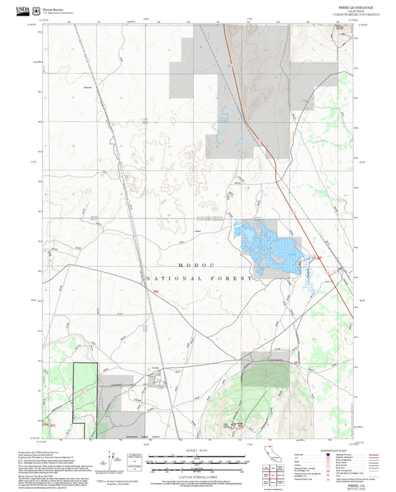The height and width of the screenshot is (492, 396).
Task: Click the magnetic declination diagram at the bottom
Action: click(x=120, y=465)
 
